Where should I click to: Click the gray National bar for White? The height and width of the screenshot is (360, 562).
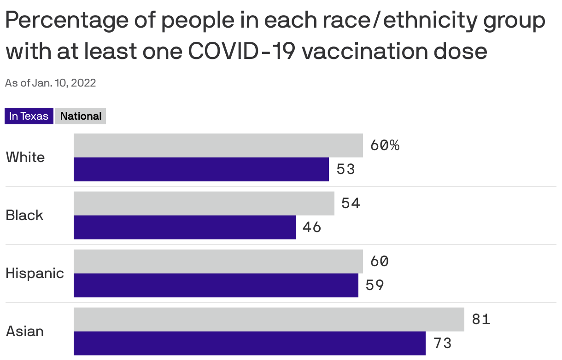tap(218, 145)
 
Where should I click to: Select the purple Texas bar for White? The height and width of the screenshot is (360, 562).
tap(201, 169)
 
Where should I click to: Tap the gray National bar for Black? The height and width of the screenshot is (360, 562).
tap(204, 203)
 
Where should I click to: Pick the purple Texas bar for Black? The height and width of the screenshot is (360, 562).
tap(184, 227)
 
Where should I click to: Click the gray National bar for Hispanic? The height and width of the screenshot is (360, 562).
tap(218, 261)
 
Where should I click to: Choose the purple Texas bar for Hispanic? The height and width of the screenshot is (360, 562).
tap(216, 285)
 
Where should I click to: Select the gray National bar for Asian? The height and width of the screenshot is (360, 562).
tap(269, 319)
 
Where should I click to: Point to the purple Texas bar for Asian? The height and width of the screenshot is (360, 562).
tap(249, 343)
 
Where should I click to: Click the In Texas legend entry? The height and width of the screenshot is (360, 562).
tap(29, 116)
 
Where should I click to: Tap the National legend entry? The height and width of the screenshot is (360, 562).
tap(81, 116)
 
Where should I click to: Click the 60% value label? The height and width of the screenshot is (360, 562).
tap(385, 145)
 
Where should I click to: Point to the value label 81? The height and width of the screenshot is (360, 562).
tap(481, 319)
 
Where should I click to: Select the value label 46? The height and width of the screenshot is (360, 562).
tap(312, 227)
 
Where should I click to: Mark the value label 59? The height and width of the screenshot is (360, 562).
tap(375, 285)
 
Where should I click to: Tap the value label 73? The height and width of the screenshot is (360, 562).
tap(442, 343)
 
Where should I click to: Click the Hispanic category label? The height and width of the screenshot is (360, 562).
tap(35, 273)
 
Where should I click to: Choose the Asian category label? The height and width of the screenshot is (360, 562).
tap(25, 331)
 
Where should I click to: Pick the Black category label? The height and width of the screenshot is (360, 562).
tap(24, 215)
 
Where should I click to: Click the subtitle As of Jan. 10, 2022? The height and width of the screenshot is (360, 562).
tap(51, 83)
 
